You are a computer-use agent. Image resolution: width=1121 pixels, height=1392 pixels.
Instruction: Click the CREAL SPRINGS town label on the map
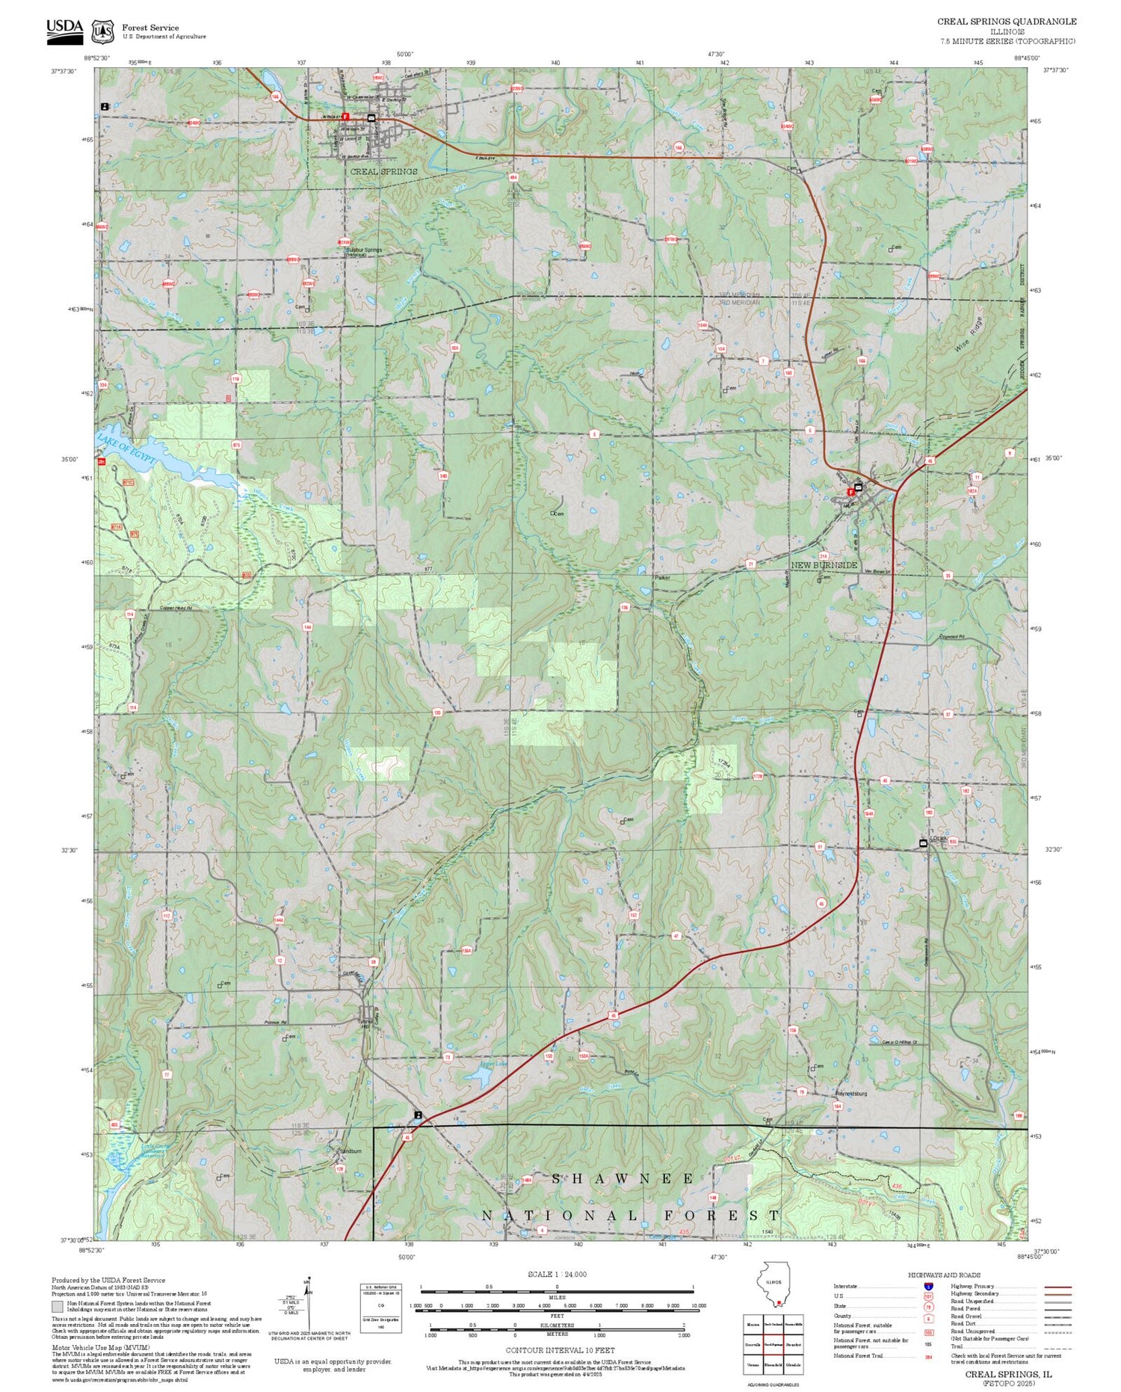coord(383,171)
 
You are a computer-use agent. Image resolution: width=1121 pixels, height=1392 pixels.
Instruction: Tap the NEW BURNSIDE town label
coord(824,565)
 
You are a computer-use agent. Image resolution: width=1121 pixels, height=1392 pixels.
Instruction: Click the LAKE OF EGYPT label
coord(128,449)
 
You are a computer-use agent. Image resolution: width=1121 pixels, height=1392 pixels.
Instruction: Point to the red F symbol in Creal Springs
coord(345,116)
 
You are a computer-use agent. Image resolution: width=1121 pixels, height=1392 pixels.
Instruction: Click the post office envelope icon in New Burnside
coord(858,487)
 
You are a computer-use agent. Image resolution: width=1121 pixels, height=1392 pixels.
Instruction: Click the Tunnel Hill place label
coord(365,1024)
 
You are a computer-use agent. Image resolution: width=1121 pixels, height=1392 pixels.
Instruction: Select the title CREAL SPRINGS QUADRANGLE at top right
coord(1007,22)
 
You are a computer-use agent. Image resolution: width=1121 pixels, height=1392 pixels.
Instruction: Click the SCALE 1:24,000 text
coord(557,1274)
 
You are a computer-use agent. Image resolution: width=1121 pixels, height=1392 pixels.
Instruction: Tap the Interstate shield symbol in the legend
coord(929,1285)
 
